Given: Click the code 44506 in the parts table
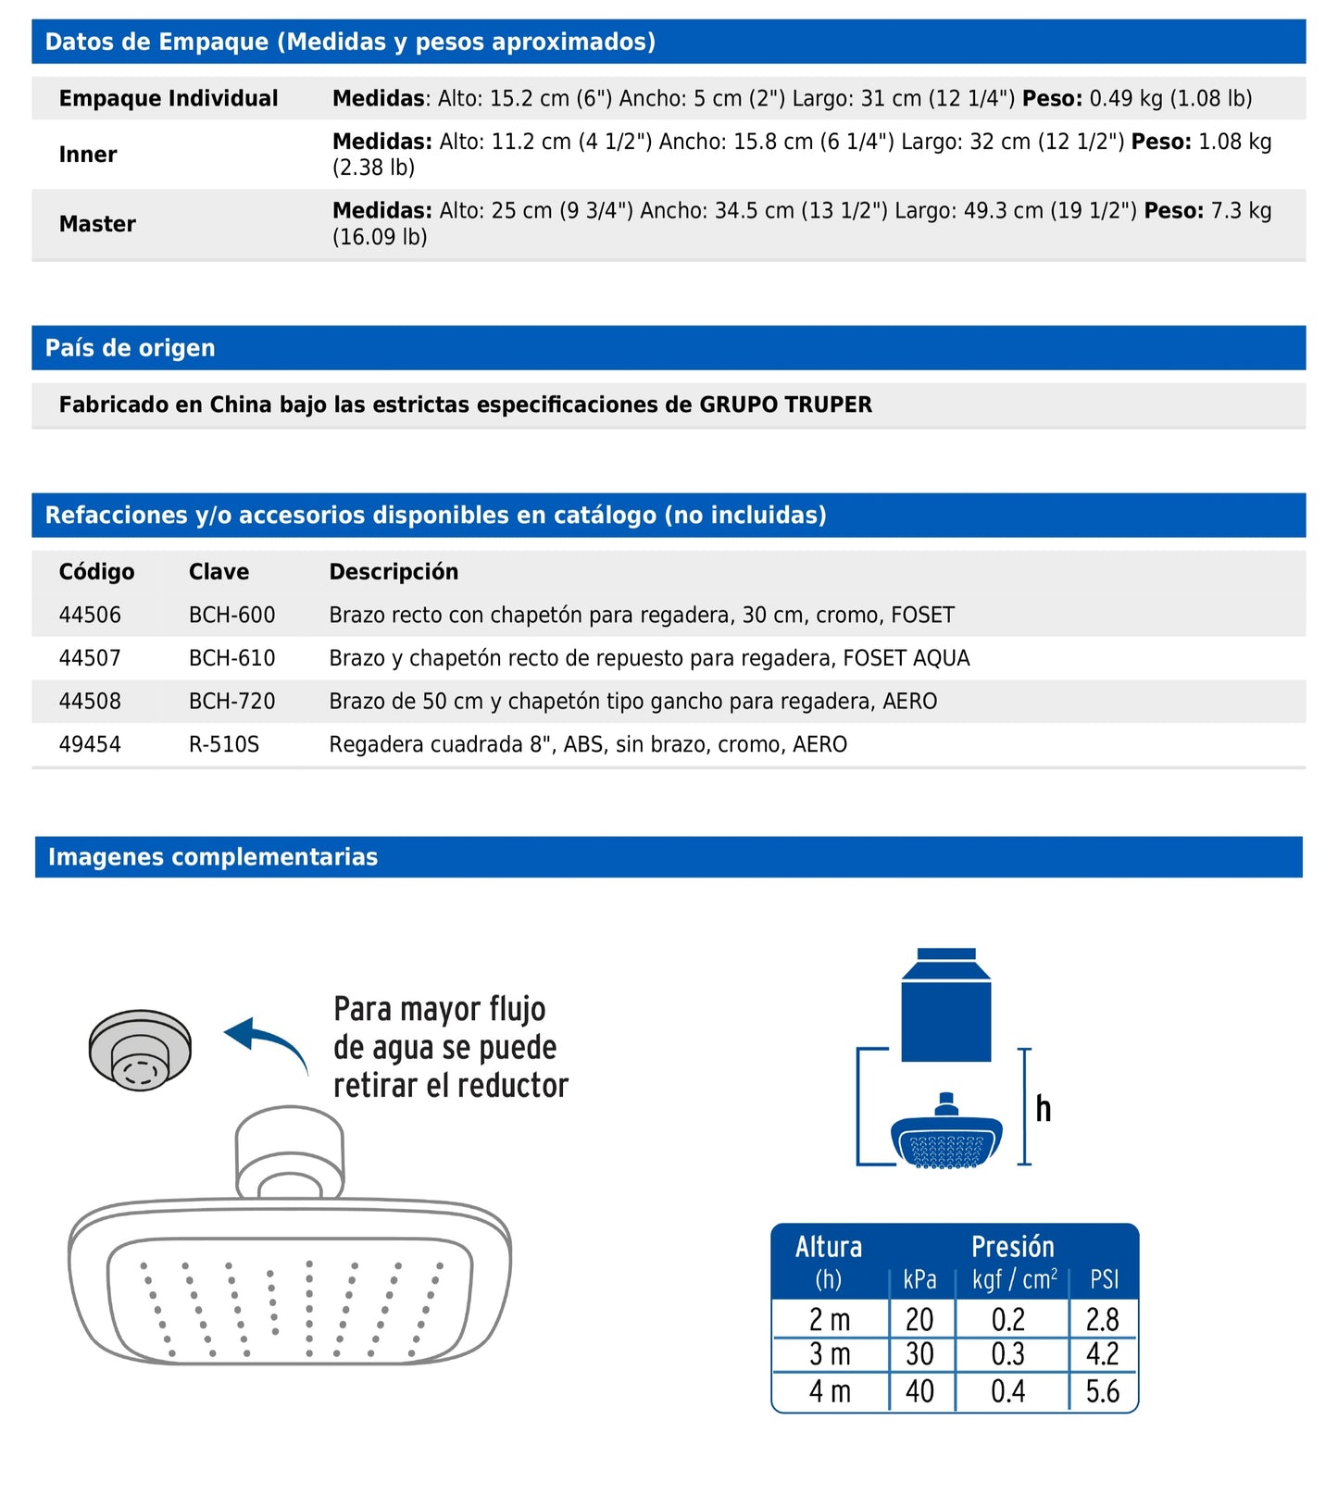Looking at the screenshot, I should [x=90, y=616].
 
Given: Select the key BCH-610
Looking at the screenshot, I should [x=231, y=658].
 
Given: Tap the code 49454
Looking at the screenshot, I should [x=90, y=744].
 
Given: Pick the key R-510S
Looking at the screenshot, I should [x=223, y=744].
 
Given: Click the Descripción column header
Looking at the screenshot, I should [x=394, y=572].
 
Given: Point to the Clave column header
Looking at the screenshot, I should [x=219, y=572].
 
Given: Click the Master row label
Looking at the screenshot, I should [x=97, y=224].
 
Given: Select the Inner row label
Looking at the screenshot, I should [x=88, y=155].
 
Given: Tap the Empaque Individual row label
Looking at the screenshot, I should [x=169, y=98].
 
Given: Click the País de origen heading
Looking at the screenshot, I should [x=130, y=348].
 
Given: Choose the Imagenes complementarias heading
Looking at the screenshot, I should [x=213, y=857].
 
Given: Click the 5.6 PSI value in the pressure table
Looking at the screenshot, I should [x=1102, y=1391].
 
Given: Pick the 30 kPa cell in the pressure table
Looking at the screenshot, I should [x=919, y=1354].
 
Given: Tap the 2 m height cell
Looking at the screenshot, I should [x=830, y=1319].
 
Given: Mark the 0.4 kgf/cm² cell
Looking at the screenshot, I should [x=1007, y=1391].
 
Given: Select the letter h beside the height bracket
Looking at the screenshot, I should [x=1044, y=1108].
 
